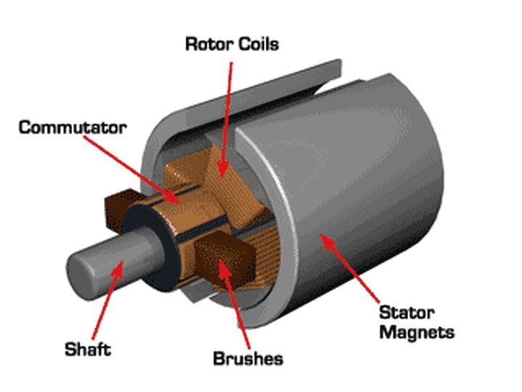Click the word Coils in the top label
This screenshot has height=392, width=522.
(x=258, y=44)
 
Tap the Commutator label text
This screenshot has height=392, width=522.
(x=72, y=128)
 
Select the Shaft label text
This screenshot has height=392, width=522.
(x=88, y=349)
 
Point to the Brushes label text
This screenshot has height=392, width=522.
(x=248, y=359)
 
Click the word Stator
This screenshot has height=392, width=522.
(x=407, y=313)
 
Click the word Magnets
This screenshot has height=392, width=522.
(x=417, y=332)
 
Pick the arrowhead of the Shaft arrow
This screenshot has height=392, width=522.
(x=117, y=269)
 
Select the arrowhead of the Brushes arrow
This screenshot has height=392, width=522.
(x=224, y=267)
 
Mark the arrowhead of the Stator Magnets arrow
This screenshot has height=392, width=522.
(x=327, y=241)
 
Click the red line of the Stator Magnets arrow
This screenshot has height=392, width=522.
(x=353, y=270)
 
